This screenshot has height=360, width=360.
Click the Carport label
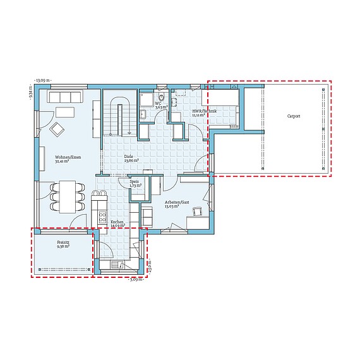[293, 117]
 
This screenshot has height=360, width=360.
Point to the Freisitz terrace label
[63, 244]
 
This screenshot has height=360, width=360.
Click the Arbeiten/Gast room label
[176, 203]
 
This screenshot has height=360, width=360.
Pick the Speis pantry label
[134, 184]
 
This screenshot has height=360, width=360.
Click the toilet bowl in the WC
[162, 97]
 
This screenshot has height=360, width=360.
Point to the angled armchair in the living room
[57, 129]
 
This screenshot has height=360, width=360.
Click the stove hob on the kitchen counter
[101, 217]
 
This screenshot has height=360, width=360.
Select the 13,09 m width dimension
[43, 80]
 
